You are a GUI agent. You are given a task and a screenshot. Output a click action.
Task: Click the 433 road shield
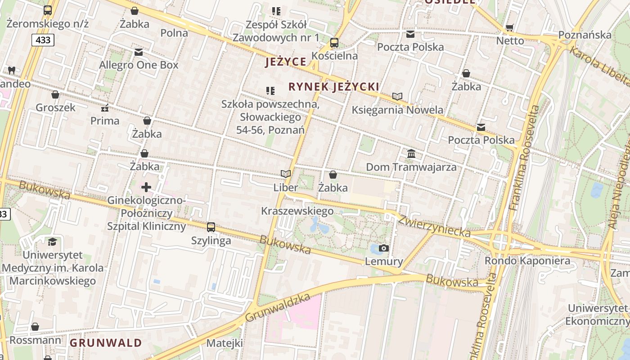coord(43,40)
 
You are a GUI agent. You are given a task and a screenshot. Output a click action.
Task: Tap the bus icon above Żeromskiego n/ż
coord(48,10)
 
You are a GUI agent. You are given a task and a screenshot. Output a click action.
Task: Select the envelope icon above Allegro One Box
coord(139,52)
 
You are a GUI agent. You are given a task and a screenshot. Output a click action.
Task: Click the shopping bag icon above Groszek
coord(55,94)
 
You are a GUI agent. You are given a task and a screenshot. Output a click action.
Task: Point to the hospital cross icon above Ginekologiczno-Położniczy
coord(146,187)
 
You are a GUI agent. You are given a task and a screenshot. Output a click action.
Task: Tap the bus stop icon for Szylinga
coord(211,227)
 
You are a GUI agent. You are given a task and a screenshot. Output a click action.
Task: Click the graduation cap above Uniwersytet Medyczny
coord(53,242)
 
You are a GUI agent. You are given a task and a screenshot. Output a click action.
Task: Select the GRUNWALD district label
coord(106,343)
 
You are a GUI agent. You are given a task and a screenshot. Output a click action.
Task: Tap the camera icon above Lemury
coord(384,248)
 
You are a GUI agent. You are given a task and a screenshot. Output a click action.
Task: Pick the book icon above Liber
coord(286,174)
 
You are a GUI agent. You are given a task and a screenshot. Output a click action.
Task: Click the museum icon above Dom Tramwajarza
coord(411,154)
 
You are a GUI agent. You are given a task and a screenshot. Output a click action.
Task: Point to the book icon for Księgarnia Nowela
coord(397,96)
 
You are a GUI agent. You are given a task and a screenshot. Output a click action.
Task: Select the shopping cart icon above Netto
coord(510,28)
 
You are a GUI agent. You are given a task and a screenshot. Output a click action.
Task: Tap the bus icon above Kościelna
coord(334,43)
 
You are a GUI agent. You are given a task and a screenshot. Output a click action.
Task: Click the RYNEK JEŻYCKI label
coord(333,86)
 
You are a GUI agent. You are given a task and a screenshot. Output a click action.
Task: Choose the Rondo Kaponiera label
coord(527,261)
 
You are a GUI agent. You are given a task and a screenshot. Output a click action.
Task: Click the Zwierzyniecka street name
coord(435,226)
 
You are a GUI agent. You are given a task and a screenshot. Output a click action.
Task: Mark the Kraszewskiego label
coord(297,211)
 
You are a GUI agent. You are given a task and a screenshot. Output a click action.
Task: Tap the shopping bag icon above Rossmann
coord(35,327)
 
